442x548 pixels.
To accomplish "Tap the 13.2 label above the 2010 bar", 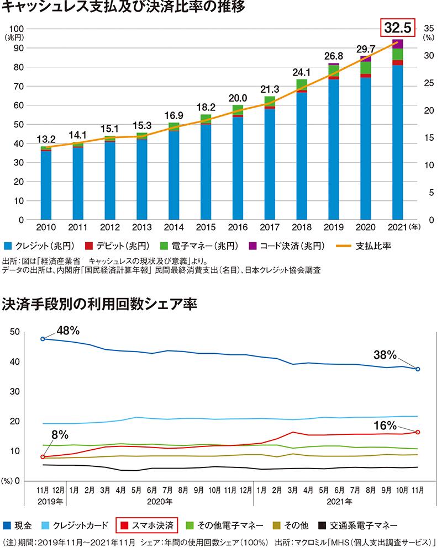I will pyautogui.click(x=46, y=139).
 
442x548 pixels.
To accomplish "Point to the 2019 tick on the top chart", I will pyautogui.click(x=333, y=228).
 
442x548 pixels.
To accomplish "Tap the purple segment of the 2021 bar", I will pyautogui.click(x=397, y=44).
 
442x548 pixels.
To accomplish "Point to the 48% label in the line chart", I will pyautogui.click(x=68, y=331).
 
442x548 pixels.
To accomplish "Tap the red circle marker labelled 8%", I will pyautogui.click(x=43, y=457).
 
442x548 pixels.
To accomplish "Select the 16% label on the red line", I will pyautogui.click(x=385, y=425).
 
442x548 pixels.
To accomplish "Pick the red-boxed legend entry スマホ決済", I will pyautogui.click(x=146, y=524).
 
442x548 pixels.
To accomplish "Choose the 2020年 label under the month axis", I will pyautogui.click(x=161, y=502).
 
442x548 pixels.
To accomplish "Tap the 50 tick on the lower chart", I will pyautogui.click(x=15, y=332).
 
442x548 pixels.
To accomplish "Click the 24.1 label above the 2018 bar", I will pyautogui.click(x=301, y=72).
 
